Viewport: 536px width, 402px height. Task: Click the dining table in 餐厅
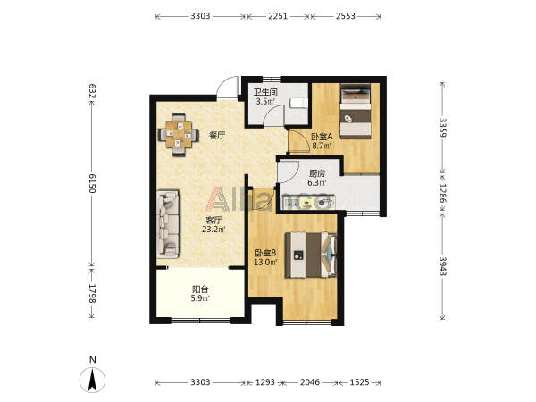pos(179,134)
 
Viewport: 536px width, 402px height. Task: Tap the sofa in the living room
pos(168,224)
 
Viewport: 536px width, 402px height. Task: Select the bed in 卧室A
pos(356,111)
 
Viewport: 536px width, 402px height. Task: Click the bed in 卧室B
pos(311,255)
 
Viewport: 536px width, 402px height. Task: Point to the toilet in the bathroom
pos(298,103)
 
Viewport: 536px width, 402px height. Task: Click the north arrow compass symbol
pos(92,380)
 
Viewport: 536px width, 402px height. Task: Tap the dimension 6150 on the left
pos(92,183)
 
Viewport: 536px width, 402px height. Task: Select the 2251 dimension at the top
pos(278,16)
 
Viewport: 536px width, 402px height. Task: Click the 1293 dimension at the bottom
pos(265,381)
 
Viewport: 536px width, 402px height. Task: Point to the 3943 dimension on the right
pos(442,265)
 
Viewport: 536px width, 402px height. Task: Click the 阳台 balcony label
pos(200,289)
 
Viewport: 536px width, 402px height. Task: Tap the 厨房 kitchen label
pos(317,173)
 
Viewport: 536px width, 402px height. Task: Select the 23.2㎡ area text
pos(214,229)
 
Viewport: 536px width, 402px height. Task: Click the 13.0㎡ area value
pos(265,262)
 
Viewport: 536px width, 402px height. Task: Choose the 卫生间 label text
pos(265,92)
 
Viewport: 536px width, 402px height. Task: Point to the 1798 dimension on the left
pos(92,293)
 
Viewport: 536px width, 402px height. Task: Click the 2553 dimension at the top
pos(345,16)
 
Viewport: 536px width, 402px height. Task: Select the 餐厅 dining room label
pos(217,136)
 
